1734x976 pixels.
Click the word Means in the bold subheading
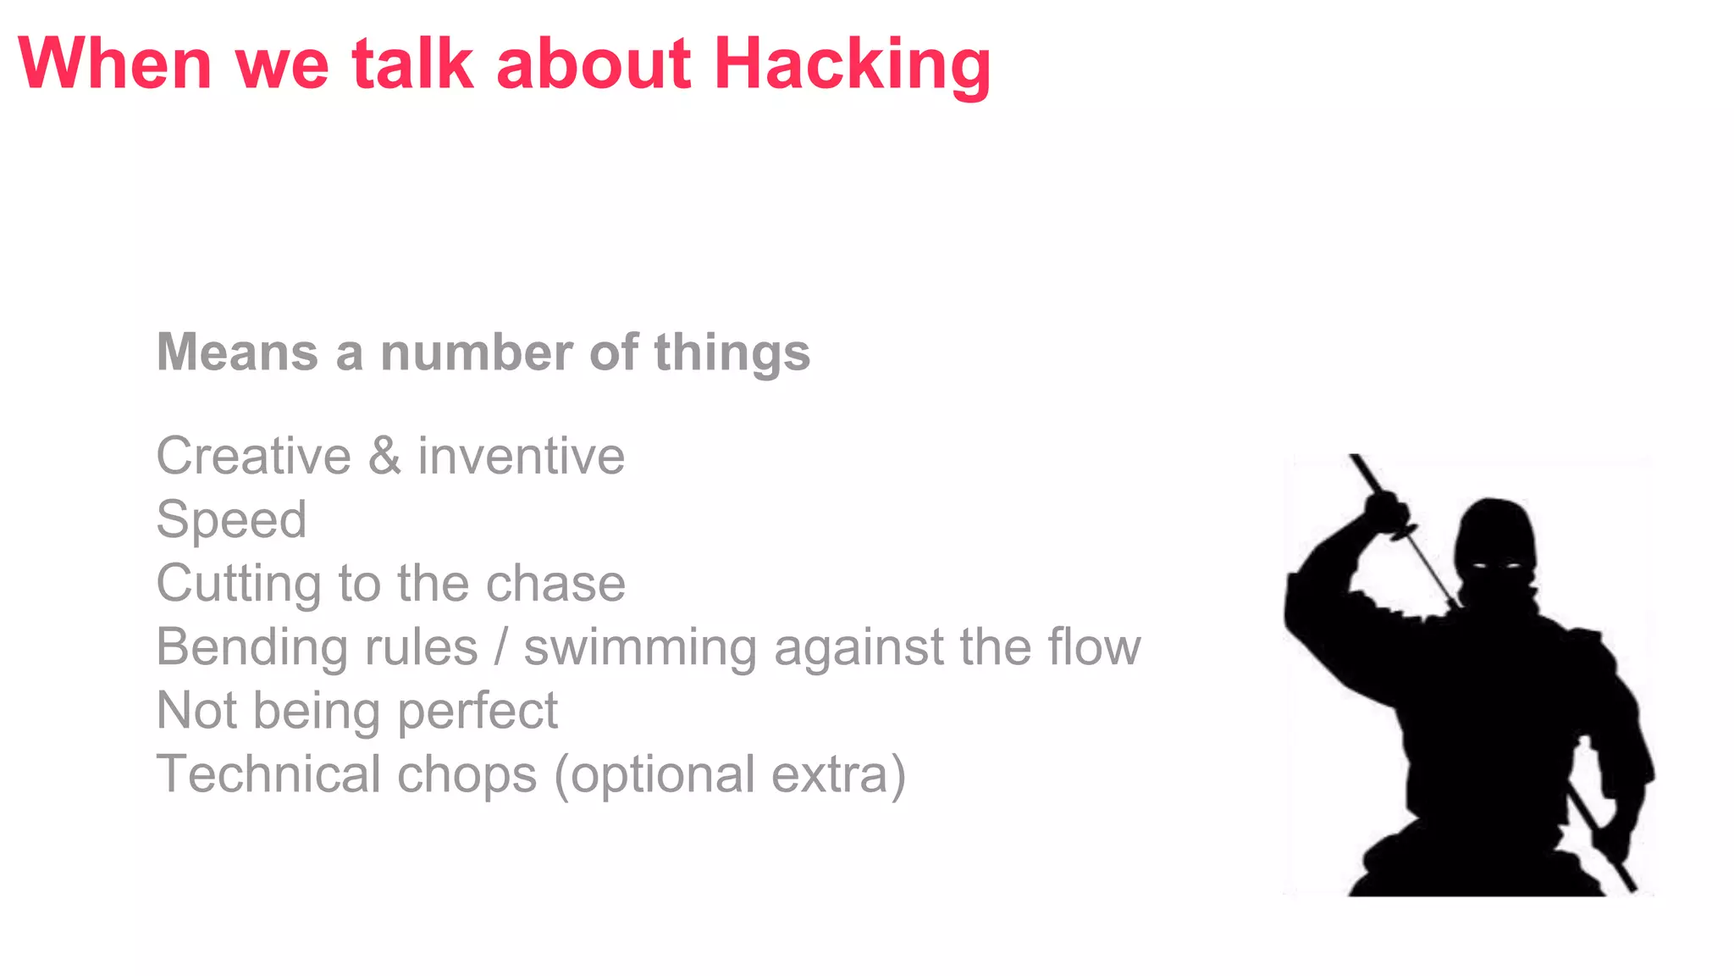238,352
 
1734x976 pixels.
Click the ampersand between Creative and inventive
384,456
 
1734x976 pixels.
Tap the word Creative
254,456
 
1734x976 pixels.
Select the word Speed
231,520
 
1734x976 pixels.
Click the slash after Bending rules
501,647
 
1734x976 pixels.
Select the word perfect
478,712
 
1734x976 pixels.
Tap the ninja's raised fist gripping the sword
1387,511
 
